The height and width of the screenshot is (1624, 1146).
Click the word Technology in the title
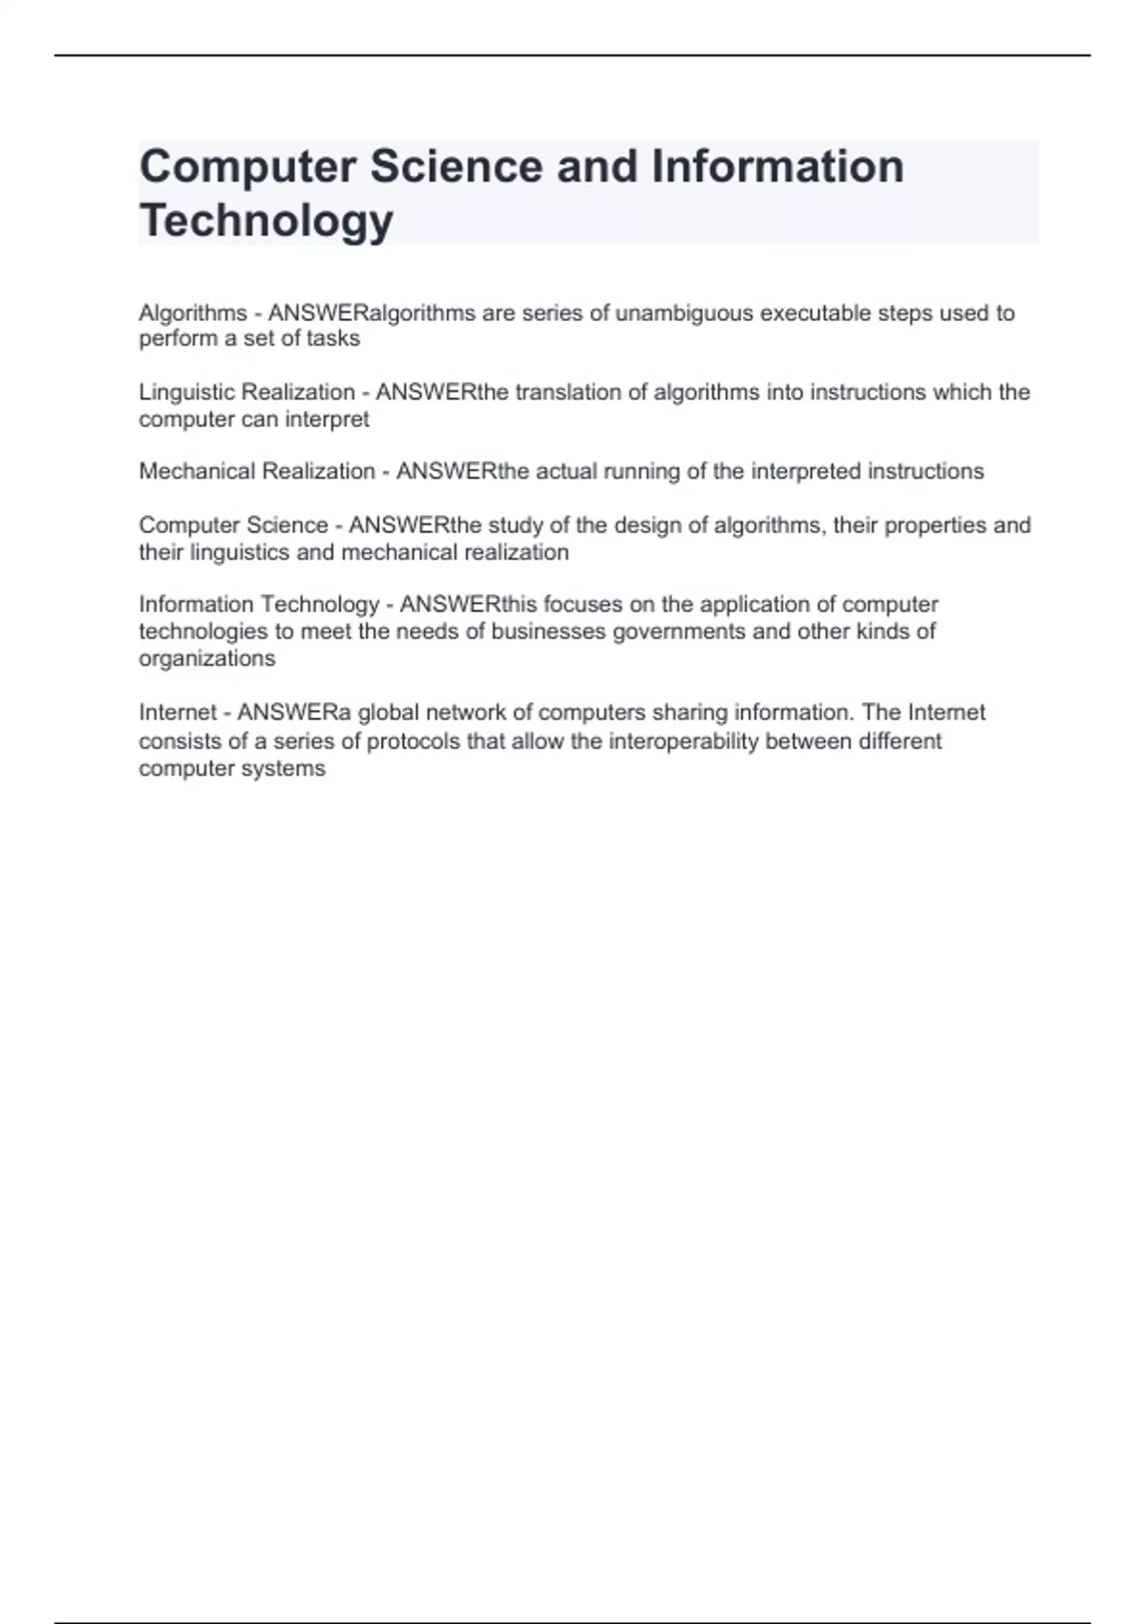[x=266, y=221]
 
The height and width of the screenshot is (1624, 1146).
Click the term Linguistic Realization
[x=246, y=392]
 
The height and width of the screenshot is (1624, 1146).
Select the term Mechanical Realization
[x=257, y=471]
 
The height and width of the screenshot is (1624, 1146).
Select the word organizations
[x=207, y=659]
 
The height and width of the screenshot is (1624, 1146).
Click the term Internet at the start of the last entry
[x=178, y=713]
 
